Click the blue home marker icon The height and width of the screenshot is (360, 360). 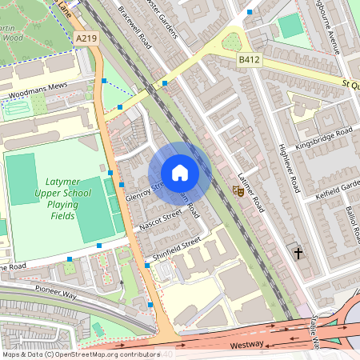pyautogui.click(x=180, y=173)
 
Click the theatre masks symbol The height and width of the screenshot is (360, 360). pyautogui.click(x=238, y=190)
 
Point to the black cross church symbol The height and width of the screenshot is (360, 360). pyautogui.click(x=299, y=254)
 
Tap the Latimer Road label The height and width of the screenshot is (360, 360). pyautogui.click(x=250, y=191)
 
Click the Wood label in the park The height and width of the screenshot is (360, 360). pyautogui.click(x=12, y=36)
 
